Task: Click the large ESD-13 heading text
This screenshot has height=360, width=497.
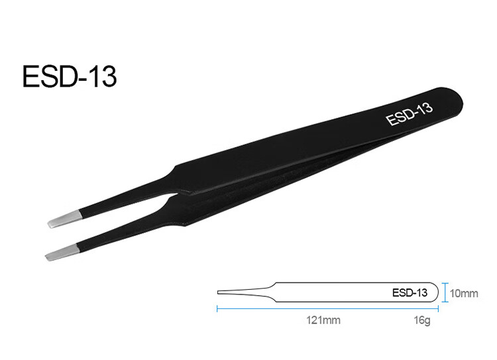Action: click(x=70, y=76)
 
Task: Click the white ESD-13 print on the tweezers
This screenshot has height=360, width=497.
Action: click(x=410, y=114)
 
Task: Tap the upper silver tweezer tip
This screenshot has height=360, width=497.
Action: click(x=65, y=219)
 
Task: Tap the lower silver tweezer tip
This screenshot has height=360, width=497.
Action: click(x=62, y=253)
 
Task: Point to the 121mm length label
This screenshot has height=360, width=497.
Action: click(x=323, y=320)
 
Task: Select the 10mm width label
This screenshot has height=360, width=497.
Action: click(x=464, y=294)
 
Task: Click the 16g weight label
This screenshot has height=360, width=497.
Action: click(x=422, y=320)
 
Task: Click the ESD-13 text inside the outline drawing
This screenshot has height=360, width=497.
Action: click(x=410, y=292)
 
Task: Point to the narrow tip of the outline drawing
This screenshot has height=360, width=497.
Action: click(x=218, y=292)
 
